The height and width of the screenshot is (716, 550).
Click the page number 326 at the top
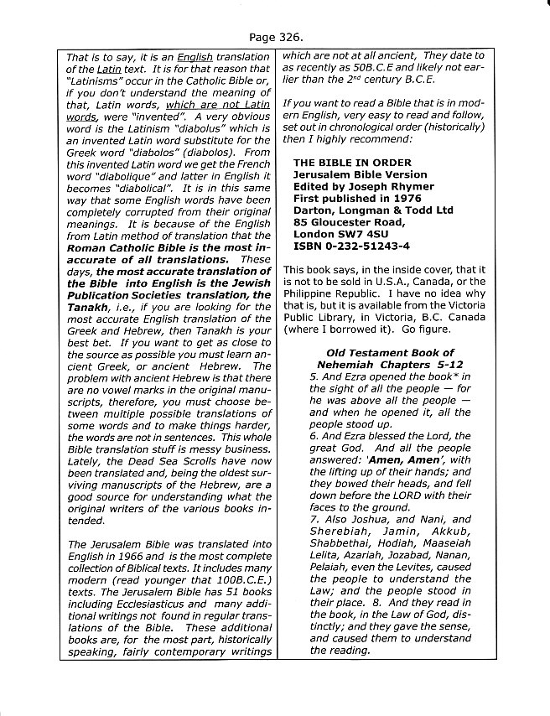288,38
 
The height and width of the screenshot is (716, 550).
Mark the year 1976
430,197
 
